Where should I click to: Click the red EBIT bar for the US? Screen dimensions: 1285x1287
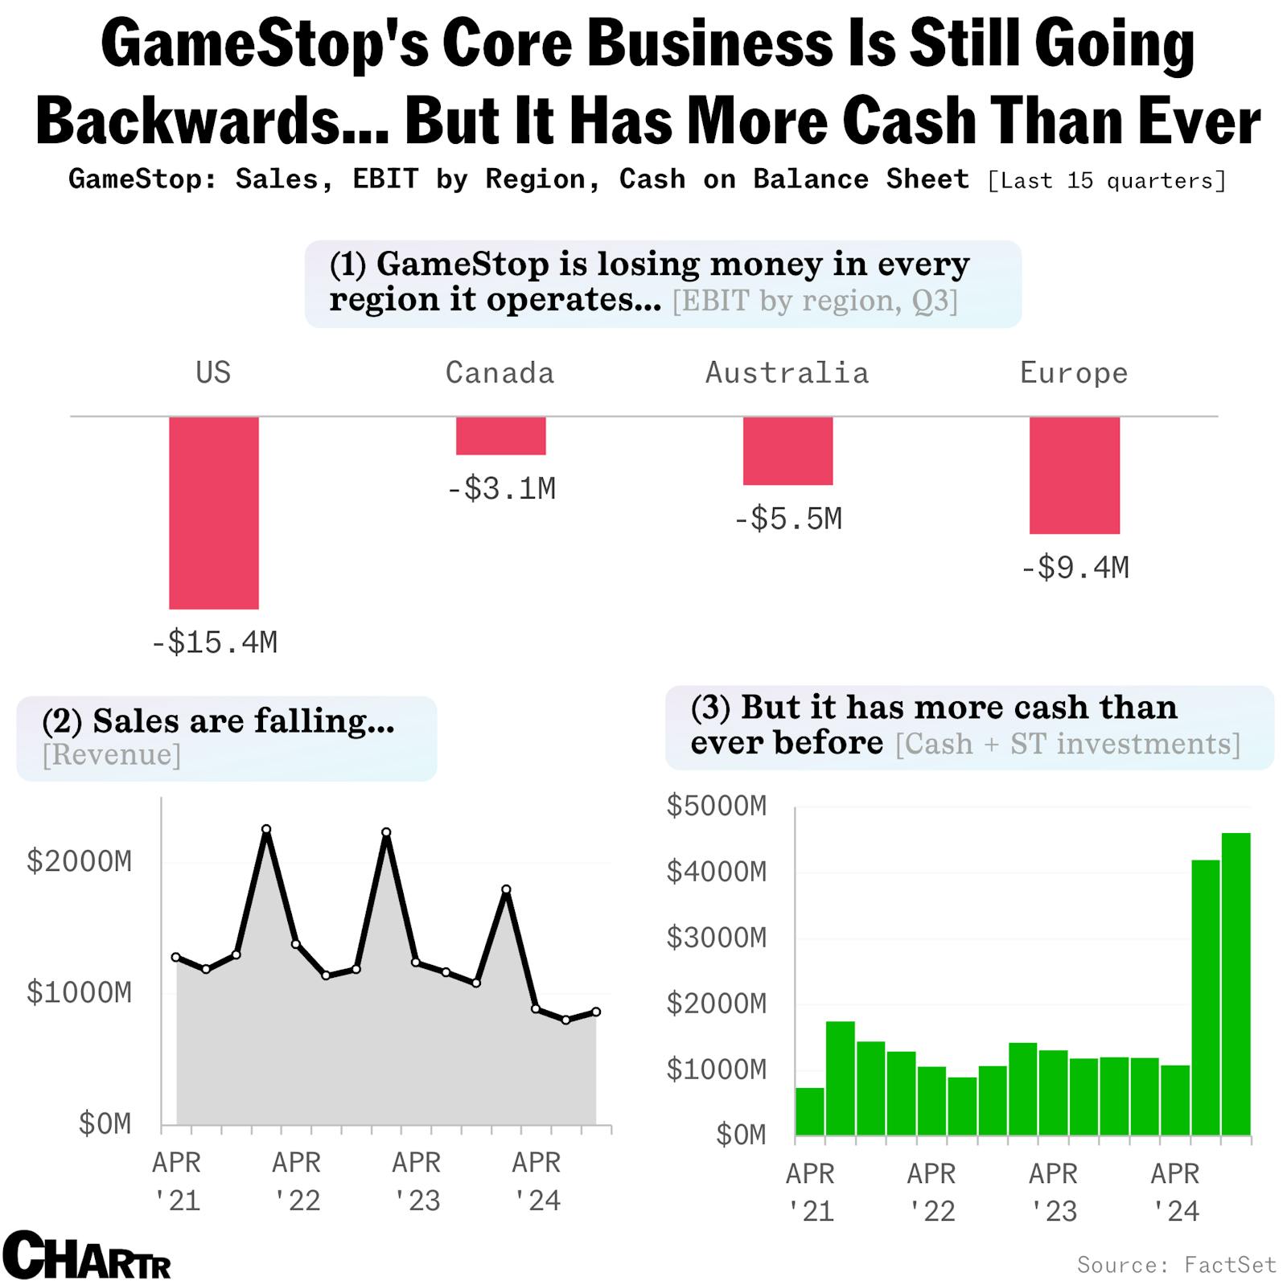(214, 512)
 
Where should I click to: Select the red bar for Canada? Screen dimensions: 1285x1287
(500, 436)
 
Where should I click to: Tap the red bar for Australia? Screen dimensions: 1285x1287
(787, 450)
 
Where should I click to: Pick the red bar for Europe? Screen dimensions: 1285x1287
(1074, 474)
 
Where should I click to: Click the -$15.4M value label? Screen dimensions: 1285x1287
(215, 642)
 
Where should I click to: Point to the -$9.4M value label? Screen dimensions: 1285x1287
(1075, 569)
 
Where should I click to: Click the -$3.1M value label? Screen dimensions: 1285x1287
(501, 488)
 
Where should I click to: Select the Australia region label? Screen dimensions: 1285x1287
(787, 373)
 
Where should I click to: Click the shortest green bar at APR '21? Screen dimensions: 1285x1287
(810, 1111)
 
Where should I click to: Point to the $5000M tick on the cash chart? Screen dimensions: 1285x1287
(717, 806)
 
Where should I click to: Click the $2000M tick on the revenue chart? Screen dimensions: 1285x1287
(79, 861)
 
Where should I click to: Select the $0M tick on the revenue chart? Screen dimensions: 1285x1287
(105, 1123)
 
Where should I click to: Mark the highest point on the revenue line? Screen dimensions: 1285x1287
(266, 829)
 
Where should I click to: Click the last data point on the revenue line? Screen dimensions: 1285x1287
(596, 1012)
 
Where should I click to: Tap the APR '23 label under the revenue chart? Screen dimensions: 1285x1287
(417, 1181)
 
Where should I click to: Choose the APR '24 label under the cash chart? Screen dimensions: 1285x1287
(1174, 1193)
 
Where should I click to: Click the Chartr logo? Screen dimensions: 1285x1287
(87, 1255)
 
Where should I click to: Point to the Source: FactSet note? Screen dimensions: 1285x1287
(1176, 1265)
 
